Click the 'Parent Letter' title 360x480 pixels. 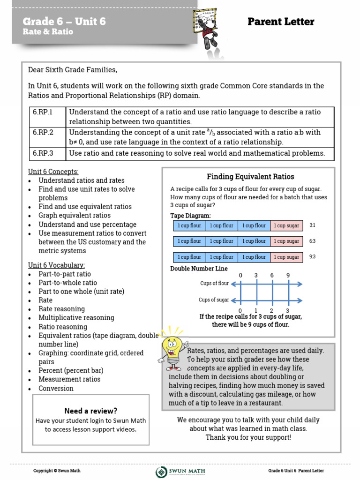point(281,22)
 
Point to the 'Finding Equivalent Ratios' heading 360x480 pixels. point(250,177)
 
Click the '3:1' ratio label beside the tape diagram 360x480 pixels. point(313,225)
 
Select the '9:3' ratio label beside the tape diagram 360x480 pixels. point(313,257)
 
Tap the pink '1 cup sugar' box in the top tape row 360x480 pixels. point(286,225)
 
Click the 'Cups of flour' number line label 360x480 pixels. point(214,284)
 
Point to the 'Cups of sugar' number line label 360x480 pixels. point(214,300)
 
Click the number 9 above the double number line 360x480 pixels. point(288,275)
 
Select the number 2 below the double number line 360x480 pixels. point(272,310)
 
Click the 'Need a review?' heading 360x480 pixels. point(91,411)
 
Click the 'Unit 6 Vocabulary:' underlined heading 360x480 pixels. point(56,265)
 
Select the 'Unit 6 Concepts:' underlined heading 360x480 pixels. point(53,172)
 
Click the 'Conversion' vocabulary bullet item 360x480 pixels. point(56,388)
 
